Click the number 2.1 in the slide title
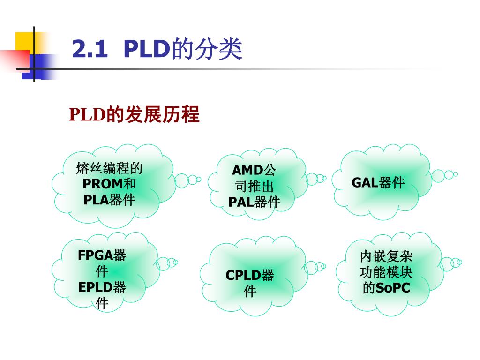pyautogui.click(x=90, y=49)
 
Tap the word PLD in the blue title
pyautogui.click(x=147, y=49)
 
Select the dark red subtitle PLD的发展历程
pyautogui.click(x=134, y=114)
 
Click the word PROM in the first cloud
pyautogui.click(x=103, y=184)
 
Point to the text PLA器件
pyautogui.click(x=109, y=200)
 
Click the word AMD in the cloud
pyautogui.click(x=247, y=170)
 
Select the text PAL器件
pyautogui.click(x=254, y=202)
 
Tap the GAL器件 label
pyautogui.click(x=378, y=183)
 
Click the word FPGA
pyautogui.click(x=95, y=255)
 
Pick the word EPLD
pyautogui.click(x=95, y=287)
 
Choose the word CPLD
pyautogui.click(x=243, y=275)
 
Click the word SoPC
pyautogui.click(x=393, y=288)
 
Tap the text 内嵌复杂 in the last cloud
pyautogui.click(x=386, y=256)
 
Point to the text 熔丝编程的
pyautogui.click(x=109, y=168)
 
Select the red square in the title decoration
pyautogui.click(x=15, y=60)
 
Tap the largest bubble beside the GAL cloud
pyautogui.click(x=438, y=176)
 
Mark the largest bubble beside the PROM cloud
pyautogui.click(x=182, y=180)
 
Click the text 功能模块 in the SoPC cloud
pyautogui.click(x=386, y=272)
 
